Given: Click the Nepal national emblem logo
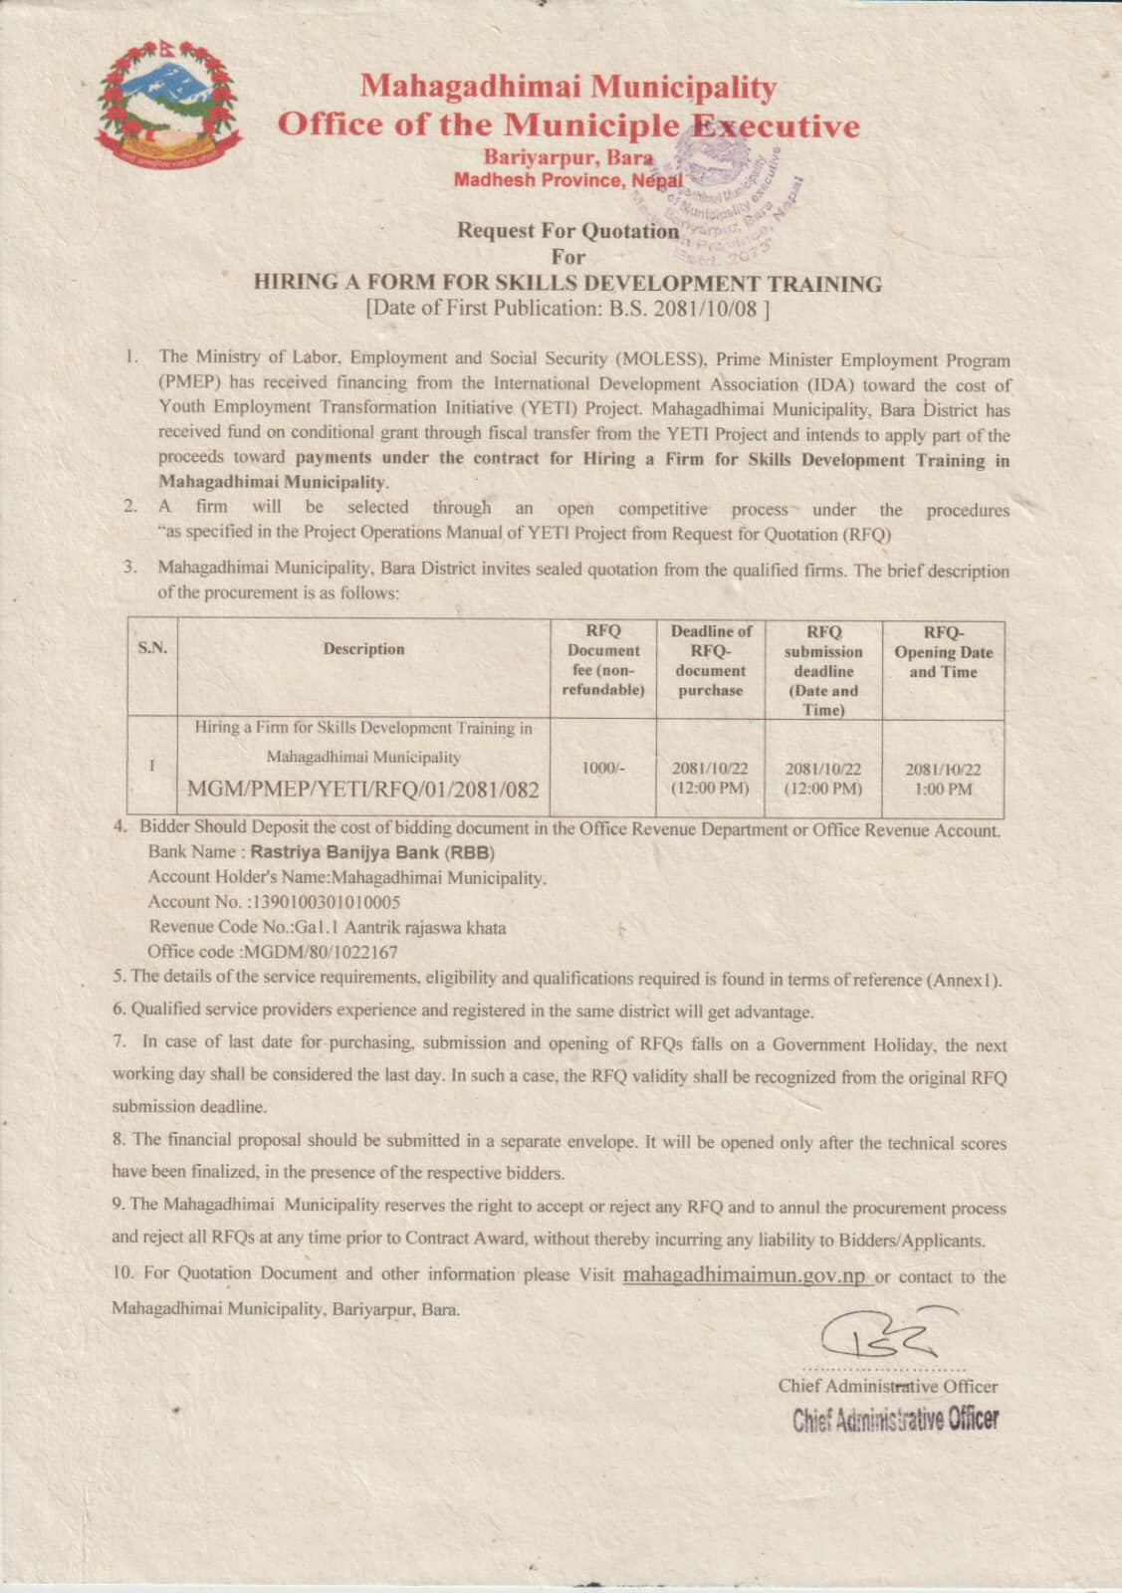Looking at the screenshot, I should [169, 106].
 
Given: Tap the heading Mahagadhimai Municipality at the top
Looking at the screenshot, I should [567, 88].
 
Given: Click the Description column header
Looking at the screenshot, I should [363, 649].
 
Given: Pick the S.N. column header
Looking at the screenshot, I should [152, 648].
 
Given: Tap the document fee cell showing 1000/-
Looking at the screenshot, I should [602, 769].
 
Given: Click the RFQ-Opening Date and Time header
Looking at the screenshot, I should [943, 651].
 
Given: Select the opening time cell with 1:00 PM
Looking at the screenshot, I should [943, 790].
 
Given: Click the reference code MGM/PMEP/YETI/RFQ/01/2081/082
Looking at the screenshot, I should [363, 791].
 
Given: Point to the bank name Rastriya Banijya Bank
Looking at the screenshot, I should [371, 852].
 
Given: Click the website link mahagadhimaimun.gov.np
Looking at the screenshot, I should [746, 1275].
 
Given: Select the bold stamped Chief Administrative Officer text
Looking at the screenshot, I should [895, 1420].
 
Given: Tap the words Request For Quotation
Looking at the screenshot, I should [567, 231].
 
